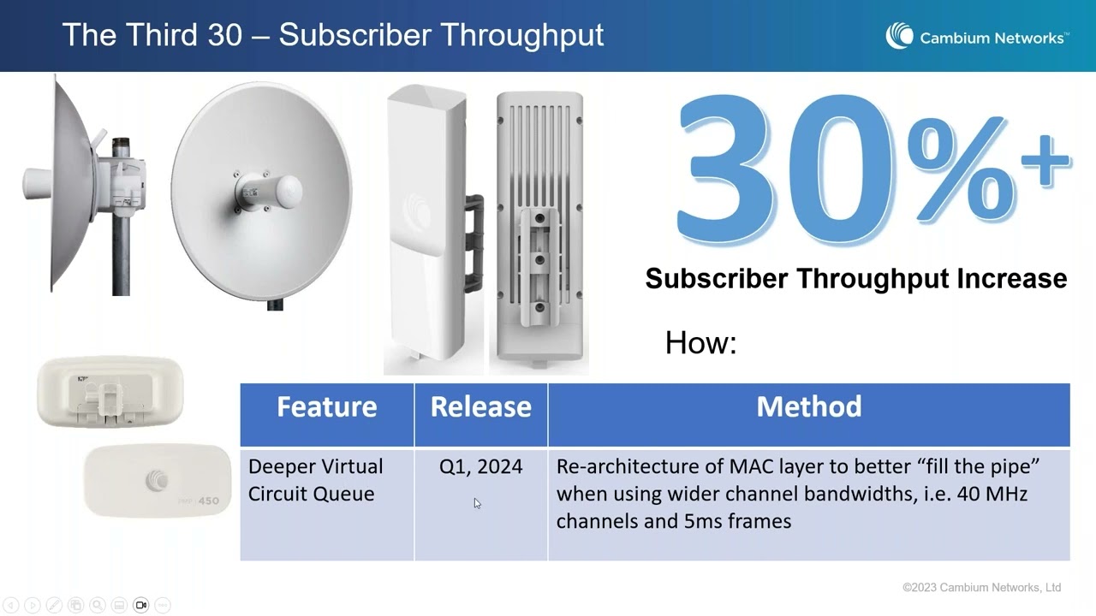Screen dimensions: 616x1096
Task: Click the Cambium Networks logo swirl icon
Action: click(x=900, y=36)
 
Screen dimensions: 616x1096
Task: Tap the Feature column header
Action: click(x=326, y=407)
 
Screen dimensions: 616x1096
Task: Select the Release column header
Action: click(x=480, y=407)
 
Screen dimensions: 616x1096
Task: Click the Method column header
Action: click(x=808, y=407)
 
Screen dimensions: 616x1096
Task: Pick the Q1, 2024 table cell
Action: click(x=480, y=466)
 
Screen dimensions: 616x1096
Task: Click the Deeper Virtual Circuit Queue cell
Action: click(x=315, y=480)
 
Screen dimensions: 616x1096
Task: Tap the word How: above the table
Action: click(x=700, y=343)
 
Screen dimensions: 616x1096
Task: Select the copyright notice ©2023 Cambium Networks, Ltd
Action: click(x=981, y=588)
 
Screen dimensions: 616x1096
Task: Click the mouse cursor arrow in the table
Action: click(x=477, y=503)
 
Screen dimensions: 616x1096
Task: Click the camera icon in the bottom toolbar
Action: click(x=140, y=605)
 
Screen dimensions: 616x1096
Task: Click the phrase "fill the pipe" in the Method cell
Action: click(x=975, y=466)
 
